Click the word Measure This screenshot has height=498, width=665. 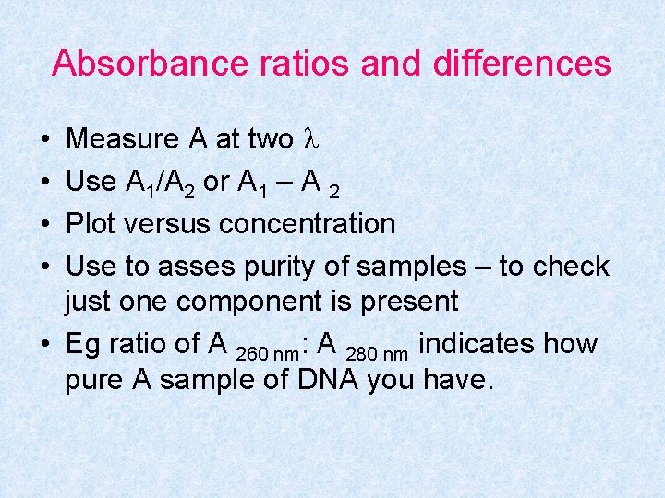[124, 139]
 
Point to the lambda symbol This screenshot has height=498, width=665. [311, 139]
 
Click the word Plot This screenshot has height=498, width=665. [91, 224]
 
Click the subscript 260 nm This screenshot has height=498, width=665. [269, 353]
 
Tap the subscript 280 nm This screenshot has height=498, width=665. [378, 353]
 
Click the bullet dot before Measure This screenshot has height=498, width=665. [45, 140]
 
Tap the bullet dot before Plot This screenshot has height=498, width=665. [45, 225]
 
